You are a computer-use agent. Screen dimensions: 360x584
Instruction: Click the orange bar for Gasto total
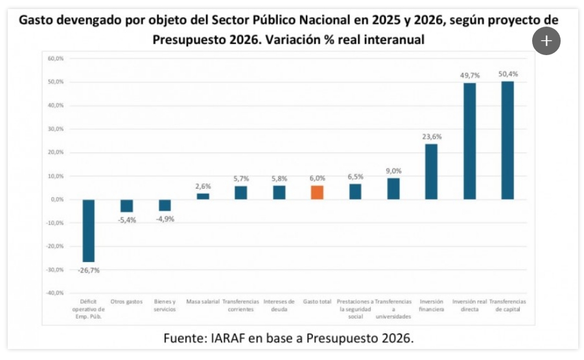[317, 193]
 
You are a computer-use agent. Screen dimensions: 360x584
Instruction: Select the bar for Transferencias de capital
[508, 140]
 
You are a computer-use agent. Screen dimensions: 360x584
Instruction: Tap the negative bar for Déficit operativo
[89, 230]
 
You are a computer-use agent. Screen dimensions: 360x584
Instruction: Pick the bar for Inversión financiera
[431, 171]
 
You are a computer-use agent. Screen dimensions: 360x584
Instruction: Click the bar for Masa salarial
[203, 196]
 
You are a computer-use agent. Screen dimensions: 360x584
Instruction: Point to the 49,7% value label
[469, 76]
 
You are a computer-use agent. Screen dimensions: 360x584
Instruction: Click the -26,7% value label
[89, 270]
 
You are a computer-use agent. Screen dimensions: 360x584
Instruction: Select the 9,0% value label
[393, 171]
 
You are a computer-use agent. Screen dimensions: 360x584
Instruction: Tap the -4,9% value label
[165, 219]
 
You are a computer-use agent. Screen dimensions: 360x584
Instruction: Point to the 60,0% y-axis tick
[55, 58]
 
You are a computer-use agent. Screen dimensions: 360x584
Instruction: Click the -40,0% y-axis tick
[54, 293]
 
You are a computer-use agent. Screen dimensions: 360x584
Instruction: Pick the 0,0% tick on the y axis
[56, 199]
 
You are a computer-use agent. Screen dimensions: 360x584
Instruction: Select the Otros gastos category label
[126, 302]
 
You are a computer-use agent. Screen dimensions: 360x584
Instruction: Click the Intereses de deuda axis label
[279, 306]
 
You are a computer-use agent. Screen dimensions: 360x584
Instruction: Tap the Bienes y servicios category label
[165, 306]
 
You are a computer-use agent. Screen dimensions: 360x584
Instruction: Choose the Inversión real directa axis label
[469, 306]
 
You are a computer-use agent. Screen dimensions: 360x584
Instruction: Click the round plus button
[546, 42]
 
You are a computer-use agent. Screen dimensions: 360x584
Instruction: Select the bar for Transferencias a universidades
[393, 188]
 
